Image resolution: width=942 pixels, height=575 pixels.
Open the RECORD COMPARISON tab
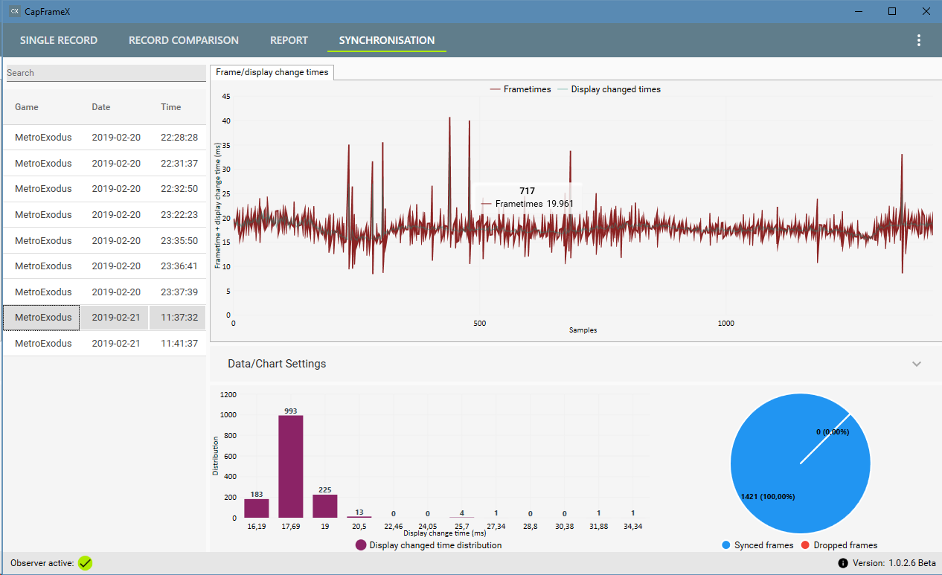click(183, 40)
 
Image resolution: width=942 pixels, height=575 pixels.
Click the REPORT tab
click(289, 40)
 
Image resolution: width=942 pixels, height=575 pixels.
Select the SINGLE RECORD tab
click(59, 40)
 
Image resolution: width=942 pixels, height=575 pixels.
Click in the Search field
click(106, 73)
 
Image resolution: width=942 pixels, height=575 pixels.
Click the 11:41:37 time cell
click(179, 344)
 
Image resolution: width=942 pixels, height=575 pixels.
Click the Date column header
click(101, 107)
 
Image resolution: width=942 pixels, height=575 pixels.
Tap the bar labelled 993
click(291, 466)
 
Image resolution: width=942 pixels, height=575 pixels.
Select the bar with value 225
click(325, 506)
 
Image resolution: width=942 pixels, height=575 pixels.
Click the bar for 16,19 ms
click(257, 508)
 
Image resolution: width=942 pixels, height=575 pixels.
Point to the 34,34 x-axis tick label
click(633, 526)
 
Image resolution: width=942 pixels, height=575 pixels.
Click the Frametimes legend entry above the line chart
click(520, 89)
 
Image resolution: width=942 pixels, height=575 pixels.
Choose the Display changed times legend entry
click(609, 89)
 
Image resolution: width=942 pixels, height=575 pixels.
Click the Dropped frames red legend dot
click(805, 545)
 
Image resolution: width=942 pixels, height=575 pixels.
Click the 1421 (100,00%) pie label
click(768, 497)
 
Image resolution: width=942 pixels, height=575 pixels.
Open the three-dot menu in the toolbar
click(919, 40)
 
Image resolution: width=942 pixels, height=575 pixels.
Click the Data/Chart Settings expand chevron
click(917, 364)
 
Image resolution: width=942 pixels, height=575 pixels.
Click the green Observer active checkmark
click(85, 563)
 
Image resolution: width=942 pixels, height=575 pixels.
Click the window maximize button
click(892, 11)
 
